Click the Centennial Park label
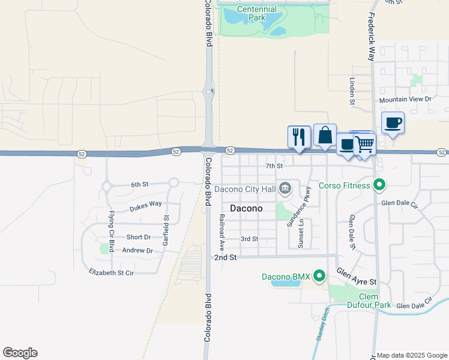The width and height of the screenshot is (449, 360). click(256, 13)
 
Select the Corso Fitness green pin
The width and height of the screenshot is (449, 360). click(379, 185)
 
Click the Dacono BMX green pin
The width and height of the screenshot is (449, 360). click(319, 276)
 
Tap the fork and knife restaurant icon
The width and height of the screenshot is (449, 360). click(298, 137)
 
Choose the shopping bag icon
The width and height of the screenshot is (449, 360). click(325, 135)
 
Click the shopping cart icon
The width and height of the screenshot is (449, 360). click(364, 145)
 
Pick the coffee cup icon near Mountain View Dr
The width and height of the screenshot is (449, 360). click(393, 123)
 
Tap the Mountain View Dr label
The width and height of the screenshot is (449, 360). click(405, 99)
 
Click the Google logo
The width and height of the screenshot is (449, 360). click(20, 353)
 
